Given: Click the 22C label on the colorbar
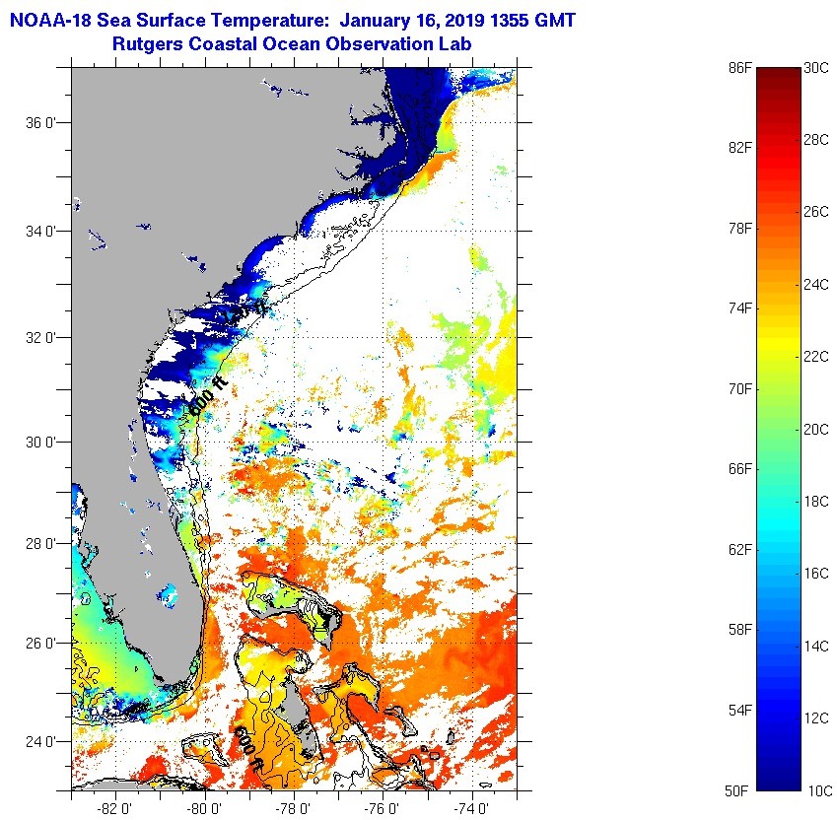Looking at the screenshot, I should click(x=816, y=356).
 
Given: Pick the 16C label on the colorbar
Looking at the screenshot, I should click(x=816, y=574).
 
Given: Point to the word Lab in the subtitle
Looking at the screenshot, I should click(x=456, y=44).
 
